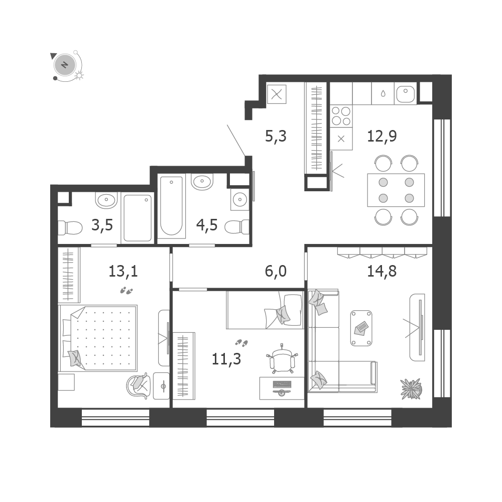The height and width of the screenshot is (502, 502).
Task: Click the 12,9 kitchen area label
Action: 382,137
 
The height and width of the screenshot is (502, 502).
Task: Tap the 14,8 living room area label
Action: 382,271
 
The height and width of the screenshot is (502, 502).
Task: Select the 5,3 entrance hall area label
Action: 276,137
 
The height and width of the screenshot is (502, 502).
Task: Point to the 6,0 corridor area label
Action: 276,271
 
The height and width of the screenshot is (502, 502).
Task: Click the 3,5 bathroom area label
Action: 102,225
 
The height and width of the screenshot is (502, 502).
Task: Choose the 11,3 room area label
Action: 226,359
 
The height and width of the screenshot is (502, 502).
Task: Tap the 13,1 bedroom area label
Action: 123,272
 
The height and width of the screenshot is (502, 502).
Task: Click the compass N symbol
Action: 65,65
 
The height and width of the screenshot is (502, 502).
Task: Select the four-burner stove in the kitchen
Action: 341,116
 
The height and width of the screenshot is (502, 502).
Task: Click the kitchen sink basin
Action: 406,93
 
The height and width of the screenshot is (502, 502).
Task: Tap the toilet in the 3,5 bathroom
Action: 70,228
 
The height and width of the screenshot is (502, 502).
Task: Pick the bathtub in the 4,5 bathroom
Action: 172,206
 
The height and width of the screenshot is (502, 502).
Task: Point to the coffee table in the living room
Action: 361,328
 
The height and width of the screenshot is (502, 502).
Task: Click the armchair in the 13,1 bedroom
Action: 139,385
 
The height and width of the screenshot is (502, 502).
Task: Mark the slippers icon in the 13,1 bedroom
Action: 127,291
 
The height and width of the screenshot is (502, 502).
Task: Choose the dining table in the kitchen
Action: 396,190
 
